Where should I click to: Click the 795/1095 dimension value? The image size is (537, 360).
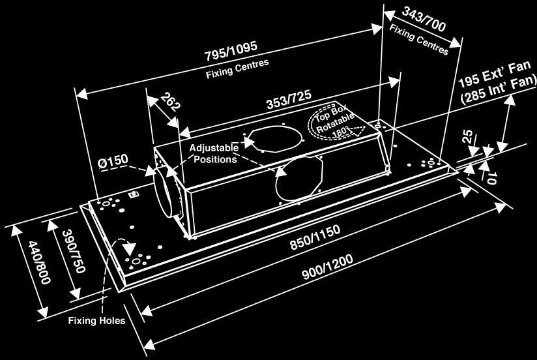point(231,51)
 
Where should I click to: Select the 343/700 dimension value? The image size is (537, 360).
point(424,19)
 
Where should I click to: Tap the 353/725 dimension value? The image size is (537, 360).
point(289,99)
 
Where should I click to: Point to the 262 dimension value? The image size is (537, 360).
point(170,102)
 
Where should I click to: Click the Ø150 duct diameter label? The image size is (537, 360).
point(113,161)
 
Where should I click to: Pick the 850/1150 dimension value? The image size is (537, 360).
point(315,237)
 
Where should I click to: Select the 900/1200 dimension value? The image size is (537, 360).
point(327,267)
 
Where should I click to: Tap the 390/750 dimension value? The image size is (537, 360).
point(73,251)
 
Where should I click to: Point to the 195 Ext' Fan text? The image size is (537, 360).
point(495,75)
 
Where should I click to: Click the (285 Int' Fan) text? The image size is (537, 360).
point(499,91)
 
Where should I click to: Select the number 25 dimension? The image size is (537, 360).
point(467,137)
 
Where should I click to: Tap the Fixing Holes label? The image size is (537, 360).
point(96,321)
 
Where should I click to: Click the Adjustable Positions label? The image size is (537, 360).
point(214,154)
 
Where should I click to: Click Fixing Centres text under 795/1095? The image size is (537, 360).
point(237,68)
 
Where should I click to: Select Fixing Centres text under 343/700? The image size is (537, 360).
point(419,40)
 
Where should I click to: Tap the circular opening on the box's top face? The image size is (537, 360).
point(274,138)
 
